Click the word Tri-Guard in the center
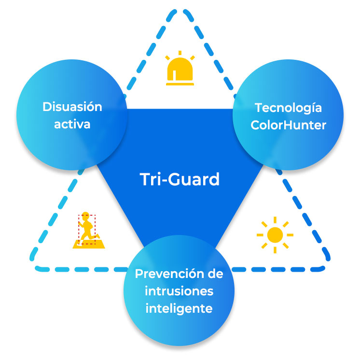click(180, 180)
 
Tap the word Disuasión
click(72, 107)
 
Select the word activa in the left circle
click(72, 124)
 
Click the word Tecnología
click(288, 108)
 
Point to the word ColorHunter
click(289, 125)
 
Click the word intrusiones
click(179, 291)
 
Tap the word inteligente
click(179, 308)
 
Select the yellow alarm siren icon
click(180, 68)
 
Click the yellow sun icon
click(275, 235)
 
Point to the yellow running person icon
click(88, 230)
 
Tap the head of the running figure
click(85, 215)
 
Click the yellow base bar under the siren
click(180, 84)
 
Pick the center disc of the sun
click(275, 235)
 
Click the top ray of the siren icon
click(180, 53)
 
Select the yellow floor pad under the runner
click(89, 244)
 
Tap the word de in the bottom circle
click(215, 274)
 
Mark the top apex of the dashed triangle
click(180, 10)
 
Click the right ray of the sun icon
click(290, 235)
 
